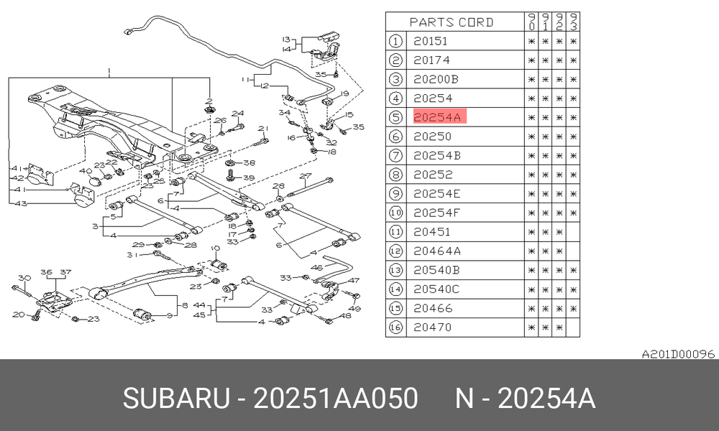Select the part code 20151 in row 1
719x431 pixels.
[x=431, y=41]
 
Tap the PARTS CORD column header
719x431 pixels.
[x=452, y=22]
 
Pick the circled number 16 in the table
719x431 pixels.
[x=395, y=327]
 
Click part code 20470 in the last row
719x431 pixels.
[x=432, y=327]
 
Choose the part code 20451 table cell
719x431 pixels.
[x=432, y=232]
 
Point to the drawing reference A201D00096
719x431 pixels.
[x=678, y=354]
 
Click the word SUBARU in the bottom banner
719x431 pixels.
[x=176, y=397]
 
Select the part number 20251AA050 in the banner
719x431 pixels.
[x=335, y=397]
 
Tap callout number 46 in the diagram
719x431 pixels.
[x=316, y=267]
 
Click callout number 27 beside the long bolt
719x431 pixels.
[x=306, y=175]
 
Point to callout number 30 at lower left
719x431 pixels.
[x=24, y=278]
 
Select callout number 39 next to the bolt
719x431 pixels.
[x=249, y=177]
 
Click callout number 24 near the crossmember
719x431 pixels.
[x=237, y=113]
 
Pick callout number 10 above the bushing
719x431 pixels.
[x=215, y=249]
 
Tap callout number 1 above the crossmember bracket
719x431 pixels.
[x=109, y=71]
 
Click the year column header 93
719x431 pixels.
[x=573, y=22]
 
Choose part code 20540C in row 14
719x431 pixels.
[x=436, y=289]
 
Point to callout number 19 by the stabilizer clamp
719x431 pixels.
[x=344, y=93]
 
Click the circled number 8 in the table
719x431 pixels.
[x=395, y=175]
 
